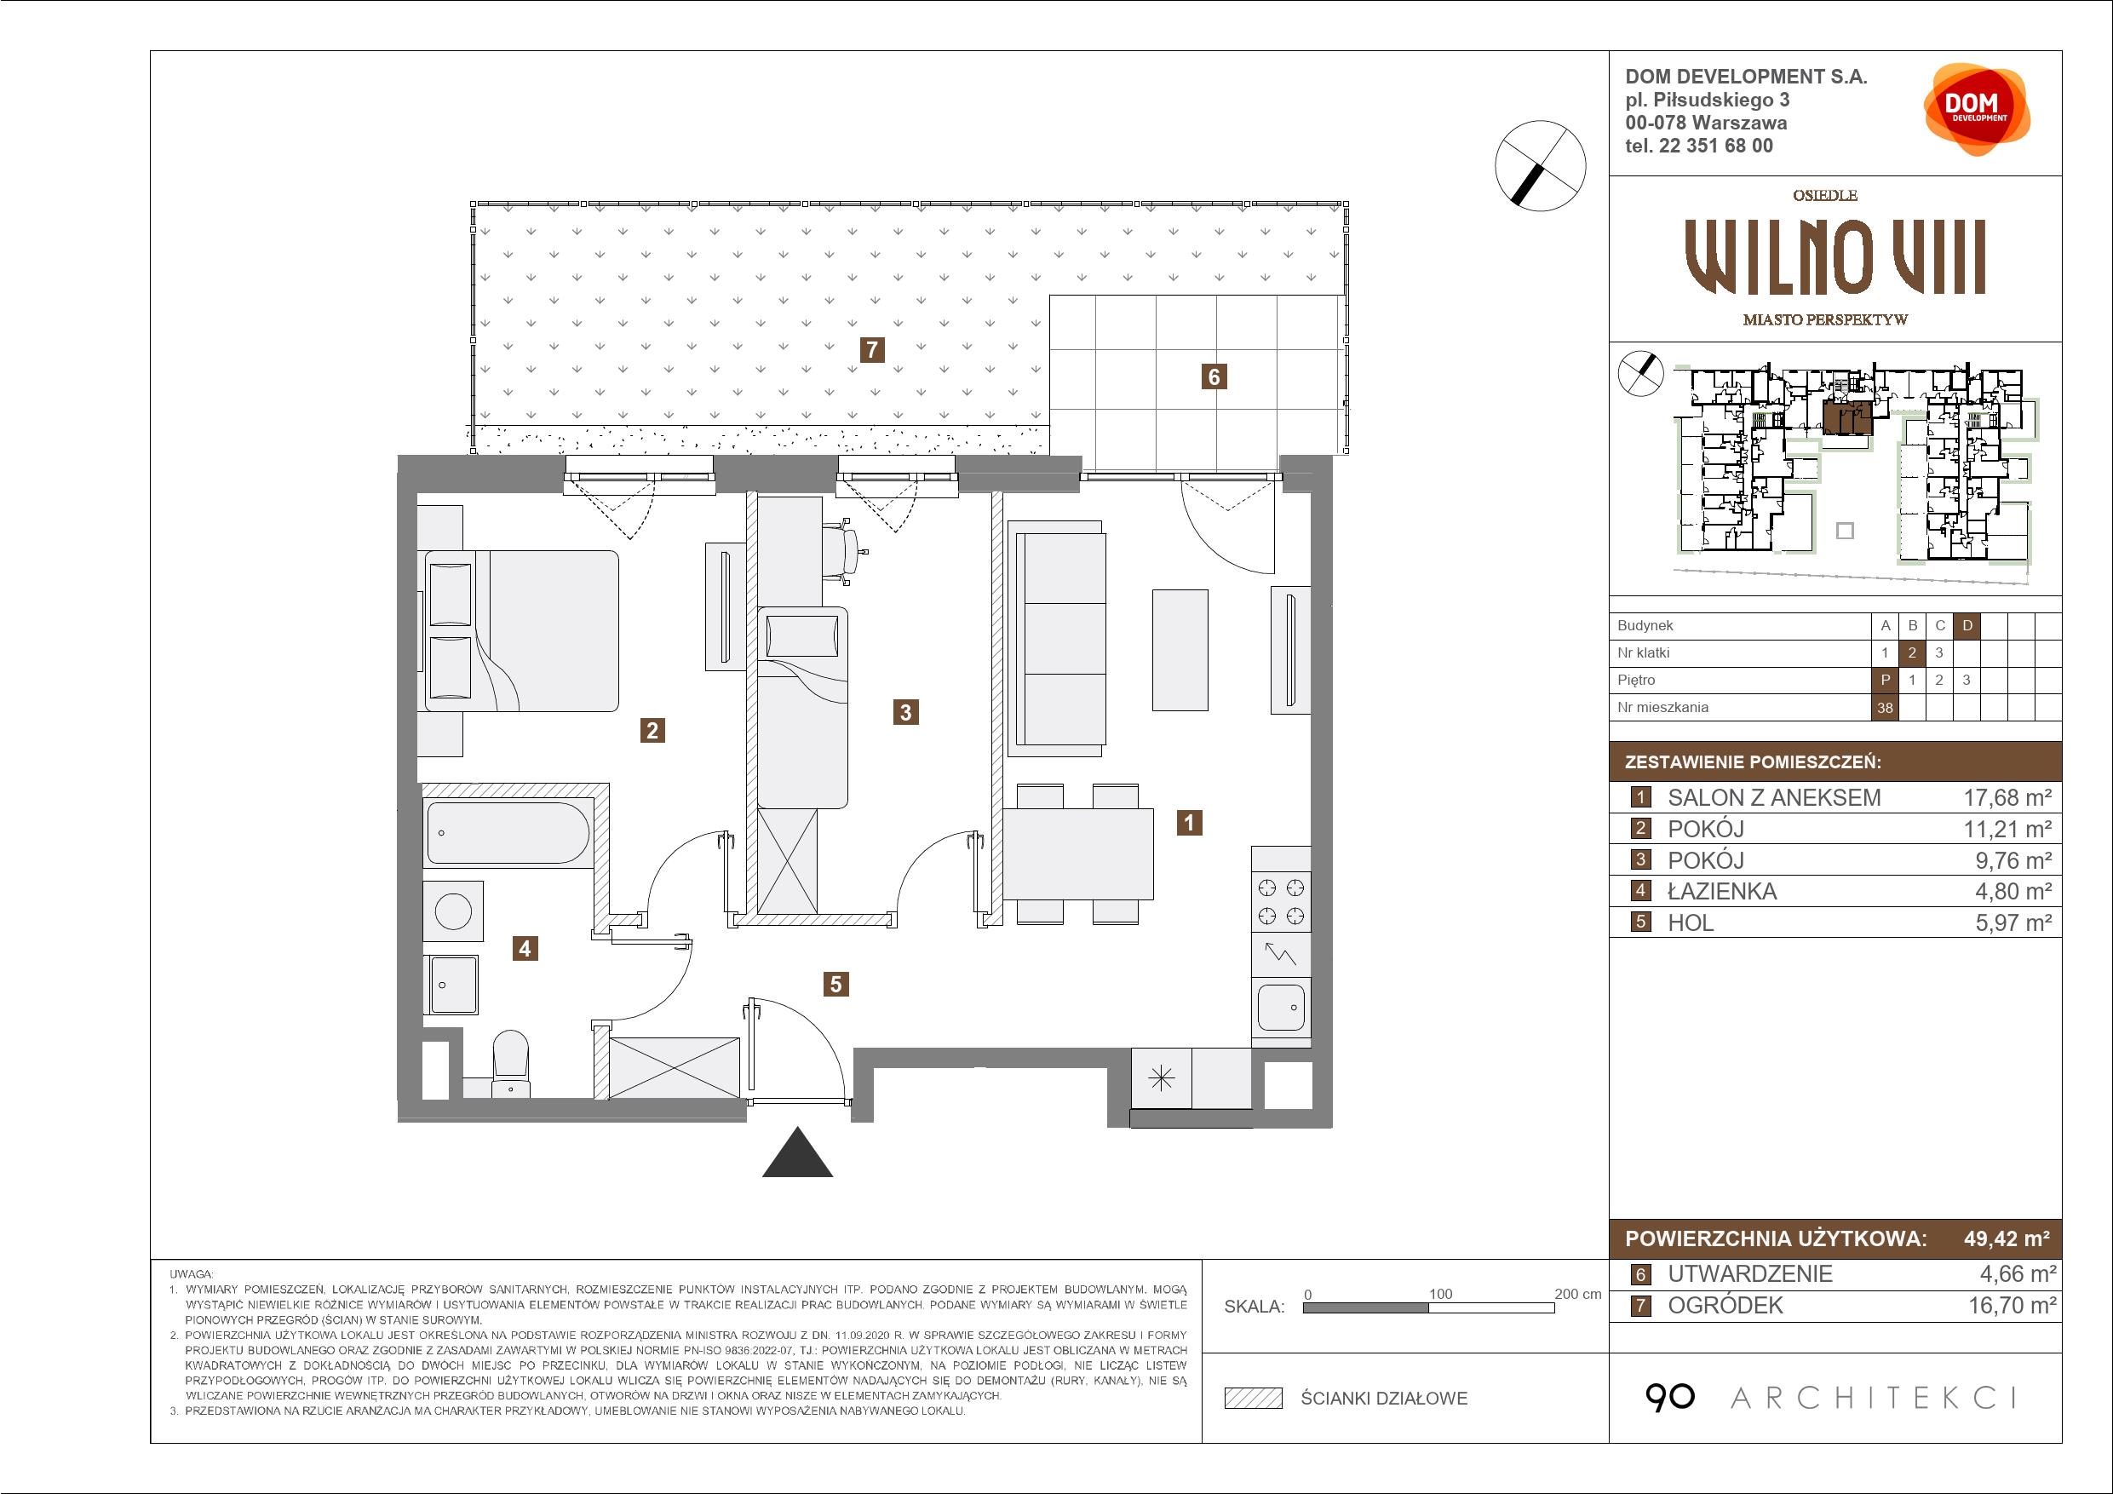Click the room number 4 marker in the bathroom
coord(525,948)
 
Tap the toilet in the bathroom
coord(511,1064)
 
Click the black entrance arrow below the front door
coord(797,1152)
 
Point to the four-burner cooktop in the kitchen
coord(1281,901)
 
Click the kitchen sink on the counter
coord(1281,1008)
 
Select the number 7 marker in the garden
coord(870,350)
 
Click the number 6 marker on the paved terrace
coord(1214,376)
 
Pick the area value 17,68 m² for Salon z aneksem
coord(2007,797)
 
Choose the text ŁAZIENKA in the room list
coord(1722,891)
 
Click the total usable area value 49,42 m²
coord(2007,1238)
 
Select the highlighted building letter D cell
coord(1967,626)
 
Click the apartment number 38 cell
coord(1885,708)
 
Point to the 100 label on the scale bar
coord(1440,1293)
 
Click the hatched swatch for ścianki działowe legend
coord(1254,1399)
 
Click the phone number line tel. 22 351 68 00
coord(1699,146)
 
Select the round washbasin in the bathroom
coord(453,911)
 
